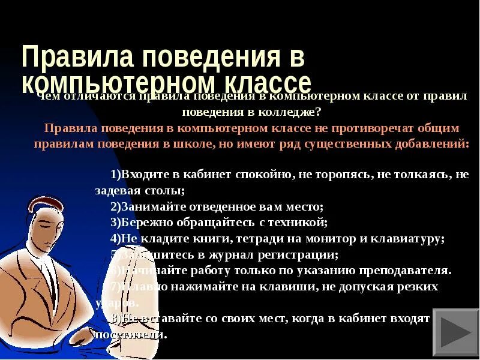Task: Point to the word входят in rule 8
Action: (412, 319)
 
